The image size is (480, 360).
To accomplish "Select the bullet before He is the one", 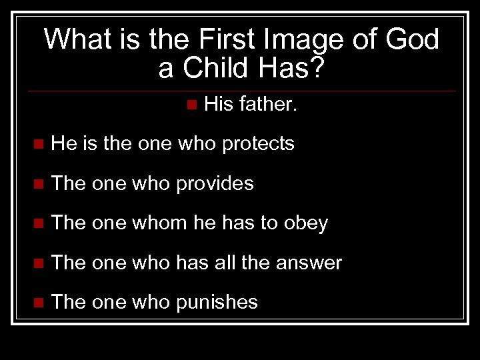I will tap(39, 144).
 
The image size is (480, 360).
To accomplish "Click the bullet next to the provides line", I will tap(39, 184).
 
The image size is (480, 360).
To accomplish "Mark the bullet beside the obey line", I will tap(39, 224).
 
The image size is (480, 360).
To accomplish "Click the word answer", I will tap(309, 263).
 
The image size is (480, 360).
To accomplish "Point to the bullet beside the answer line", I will tap(39, 264).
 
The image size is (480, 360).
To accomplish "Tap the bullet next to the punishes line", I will tap(39, 303).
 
